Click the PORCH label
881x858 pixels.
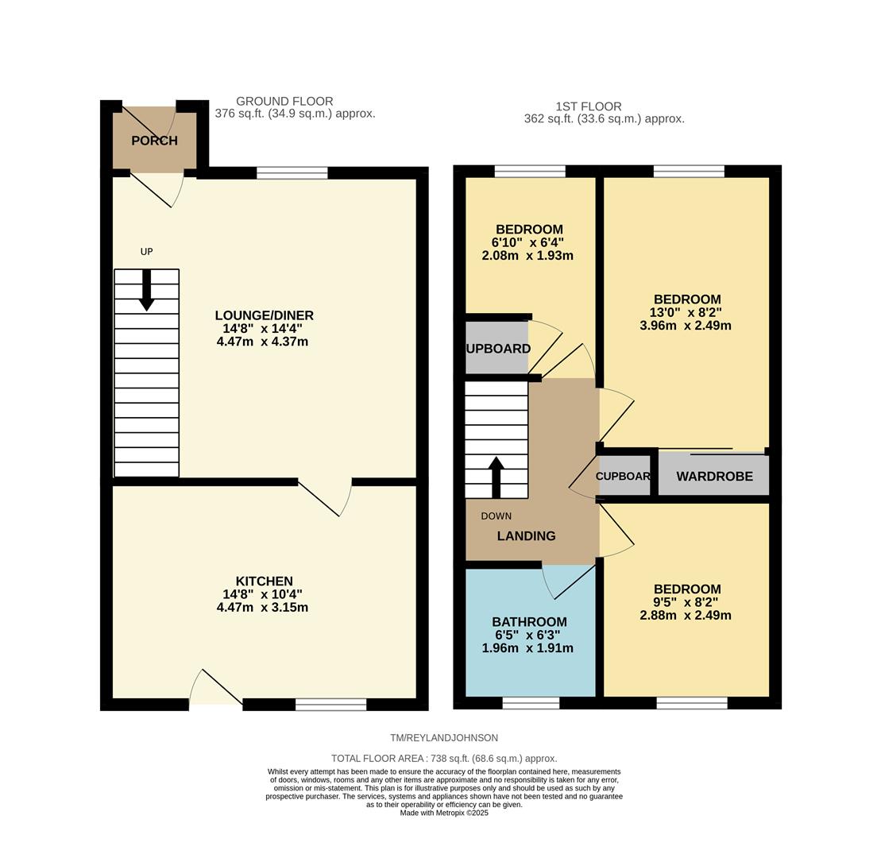[154, 141]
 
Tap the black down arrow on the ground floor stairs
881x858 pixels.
[146, 291]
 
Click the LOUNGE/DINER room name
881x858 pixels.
[264, 315]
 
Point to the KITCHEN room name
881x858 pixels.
[264, 581]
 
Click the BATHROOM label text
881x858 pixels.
[529, 622]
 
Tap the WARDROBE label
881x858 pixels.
[714, 477]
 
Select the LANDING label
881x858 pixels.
[526, 536]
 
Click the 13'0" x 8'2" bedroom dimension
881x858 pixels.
[686, 312]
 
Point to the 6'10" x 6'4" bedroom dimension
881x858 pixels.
[527, 242]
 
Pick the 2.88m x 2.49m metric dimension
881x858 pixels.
[686, 615]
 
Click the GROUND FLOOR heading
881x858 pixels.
[284, 102]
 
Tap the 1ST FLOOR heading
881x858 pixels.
[589, 106]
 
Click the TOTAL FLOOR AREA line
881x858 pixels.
[444, 759]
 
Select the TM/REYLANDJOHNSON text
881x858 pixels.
[444, 738]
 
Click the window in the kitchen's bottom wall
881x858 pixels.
[330, 704]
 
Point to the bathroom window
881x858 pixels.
[531, 703]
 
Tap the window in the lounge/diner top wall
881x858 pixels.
[292, 173]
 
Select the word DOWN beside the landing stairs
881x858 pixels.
[496, 516]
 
